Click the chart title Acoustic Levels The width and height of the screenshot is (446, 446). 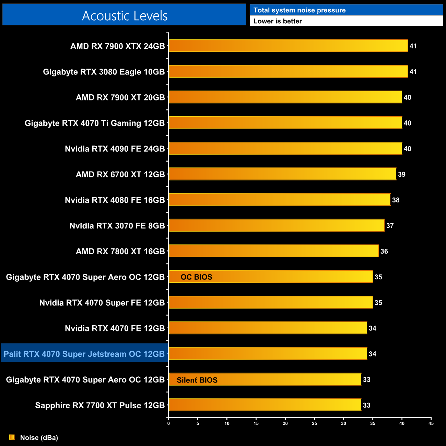click(125, 16)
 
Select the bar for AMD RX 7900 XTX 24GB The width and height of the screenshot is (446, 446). click(288, 46)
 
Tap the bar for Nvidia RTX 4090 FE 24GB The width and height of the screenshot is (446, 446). click(285, 149)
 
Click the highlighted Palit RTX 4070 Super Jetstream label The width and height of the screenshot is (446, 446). click(84, 354)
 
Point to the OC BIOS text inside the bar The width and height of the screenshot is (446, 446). click(197, 277)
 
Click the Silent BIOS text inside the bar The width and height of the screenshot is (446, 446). click(197, 380)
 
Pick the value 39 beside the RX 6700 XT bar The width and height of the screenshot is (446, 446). click(401, 174)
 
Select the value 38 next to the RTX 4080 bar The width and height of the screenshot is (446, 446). click(396, 200)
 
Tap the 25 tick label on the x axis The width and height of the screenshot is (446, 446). click(314, 423)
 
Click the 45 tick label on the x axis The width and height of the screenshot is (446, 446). click(431, 423)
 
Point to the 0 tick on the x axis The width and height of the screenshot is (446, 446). click(168, 423)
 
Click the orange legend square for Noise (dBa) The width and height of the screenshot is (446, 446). click(12, 437)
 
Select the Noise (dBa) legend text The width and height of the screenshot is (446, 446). click(39, 437)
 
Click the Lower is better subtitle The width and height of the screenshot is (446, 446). click(278, 21)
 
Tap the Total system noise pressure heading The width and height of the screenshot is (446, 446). click(300, 10)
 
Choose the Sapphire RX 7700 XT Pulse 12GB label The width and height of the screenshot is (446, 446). click(100, 405)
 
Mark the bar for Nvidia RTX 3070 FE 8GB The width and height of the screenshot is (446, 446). click(277, 225)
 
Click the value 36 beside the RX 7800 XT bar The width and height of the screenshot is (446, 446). click(384, 251)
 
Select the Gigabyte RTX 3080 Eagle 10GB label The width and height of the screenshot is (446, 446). click(104, 72)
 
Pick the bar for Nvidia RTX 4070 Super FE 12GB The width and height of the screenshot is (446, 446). click(271, 302)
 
